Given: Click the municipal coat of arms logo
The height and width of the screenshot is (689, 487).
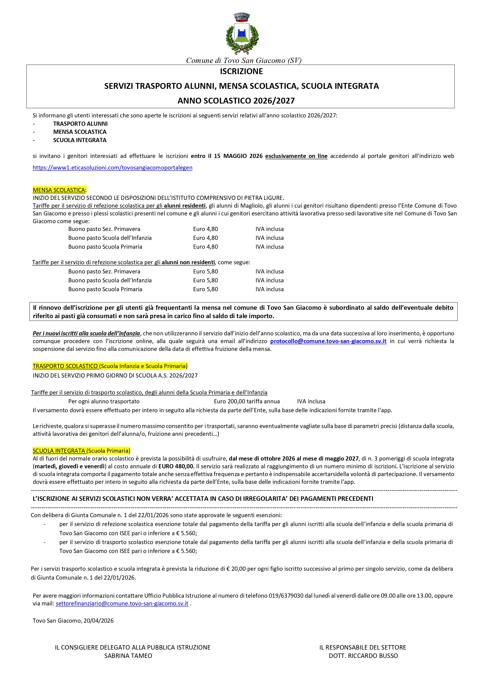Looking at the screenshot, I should (x=242, y=34).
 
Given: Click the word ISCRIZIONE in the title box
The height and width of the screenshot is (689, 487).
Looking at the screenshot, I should (x=241, y=71).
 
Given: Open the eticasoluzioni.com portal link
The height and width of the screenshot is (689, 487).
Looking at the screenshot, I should (x=112, y=168).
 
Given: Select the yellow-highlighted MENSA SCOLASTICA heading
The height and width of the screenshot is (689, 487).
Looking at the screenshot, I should (x=59, y=190).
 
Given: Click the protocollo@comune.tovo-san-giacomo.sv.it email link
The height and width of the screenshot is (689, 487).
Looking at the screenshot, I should (x=328, y=341).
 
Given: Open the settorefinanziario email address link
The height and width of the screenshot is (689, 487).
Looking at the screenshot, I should (x=122, y=603).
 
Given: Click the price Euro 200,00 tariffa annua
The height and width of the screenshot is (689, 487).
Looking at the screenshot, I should (x=247, y=401).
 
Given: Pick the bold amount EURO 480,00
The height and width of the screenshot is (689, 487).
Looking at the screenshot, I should (x=176, y=466).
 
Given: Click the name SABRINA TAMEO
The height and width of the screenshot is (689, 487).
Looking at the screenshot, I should (x=128, y=656).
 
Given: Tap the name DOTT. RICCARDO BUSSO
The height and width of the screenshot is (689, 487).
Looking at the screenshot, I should (x=363, y=656).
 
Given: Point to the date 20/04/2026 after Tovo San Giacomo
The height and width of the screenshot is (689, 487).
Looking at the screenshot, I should (x=99, y=621).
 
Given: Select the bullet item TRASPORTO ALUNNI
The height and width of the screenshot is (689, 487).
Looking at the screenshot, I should (x=80, y=124).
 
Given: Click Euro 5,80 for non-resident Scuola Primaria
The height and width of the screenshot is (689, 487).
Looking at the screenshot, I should (x=206, y=289).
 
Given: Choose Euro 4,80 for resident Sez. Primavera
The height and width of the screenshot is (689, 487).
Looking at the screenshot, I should (x=206, y=229).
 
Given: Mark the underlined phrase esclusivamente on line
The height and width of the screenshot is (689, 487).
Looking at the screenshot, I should (x=296, y=156).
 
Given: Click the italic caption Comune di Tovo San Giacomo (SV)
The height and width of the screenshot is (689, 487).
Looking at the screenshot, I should (x=244, y=61).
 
